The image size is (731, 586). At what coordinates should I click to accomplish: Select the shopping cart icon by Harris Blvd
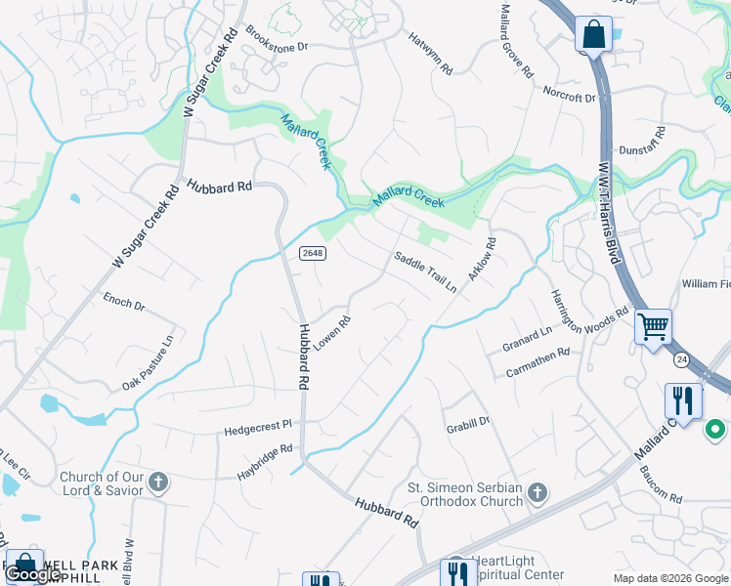pos(652,327)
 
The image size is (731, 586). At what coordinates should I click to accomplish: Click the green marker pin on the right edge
pos(715,429)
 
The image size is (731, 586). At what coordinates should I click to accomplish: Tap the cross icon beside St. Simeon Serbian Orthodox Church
pos(537,494)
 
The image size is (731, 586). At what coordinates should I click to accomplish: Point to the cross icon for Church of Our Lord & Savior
pos(158,482)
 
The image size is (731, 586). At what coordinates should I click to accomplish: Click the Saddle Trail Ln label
pos(425,272)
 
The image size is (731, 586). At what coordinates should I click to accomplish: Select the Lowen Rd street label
pos(331,334)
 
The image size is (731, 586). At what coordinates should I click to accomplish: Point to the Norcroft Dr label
pos(570,96)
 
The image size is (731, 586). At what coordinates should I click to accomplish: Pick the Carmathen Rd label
pos(537,364)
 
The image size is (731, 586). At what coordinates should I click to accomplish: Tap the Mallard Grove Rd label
pos(517,55)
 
